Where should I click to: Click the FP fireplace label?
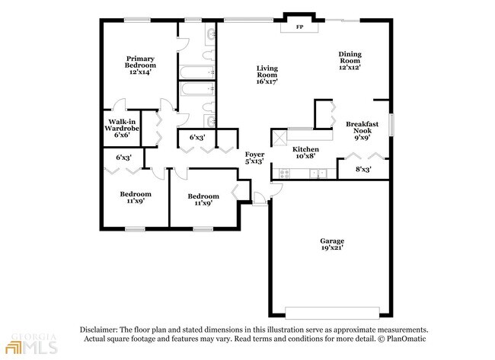point(299,27)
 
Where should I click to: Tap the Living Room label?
point(267,72)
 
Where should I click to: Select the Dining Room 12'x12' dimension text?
point(350,67)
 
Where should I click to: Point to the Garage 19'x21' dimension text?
point(332,247)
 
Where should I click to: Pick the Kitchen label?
point(305,149)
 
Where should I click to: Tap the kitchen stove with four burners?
point(284,174)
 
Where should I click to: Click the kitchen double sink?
point(318,174)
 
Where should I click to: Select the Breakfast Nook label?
point(362,127)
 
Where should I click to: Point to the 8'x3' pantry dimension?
point(363,170)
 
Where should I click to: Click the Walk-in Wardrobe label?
point(122,125)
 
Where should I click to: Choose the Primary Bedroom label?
point(140,62)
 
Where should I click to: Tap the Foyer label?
point(255,155)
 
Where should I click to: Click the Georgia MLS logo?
point(31,343)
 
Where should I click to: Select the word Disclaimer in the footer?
point(99,330)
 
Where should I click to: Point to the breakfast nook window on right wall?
point(391,124)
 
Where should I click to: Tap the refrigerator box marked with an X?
point(279,138)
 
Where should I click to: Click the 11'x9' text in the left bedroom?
point(136,201)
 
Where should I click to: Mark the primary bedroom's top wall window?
point(137,20)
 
